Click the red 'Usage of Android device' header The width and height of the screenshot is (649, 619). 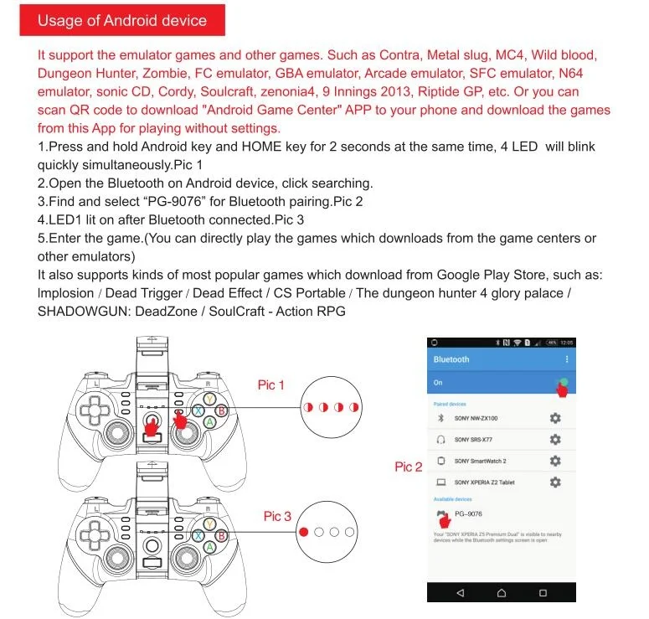tap(121, 21)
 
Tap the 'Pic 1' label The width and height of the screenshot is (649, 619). tap(271, 384)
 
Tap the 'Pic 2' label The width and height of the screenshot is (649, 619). tap(408, 467)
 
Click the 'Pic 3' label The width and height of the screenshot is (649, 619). tap(277, 516)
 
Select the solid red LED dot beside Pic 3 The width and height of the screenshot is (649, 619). tap(303, 531)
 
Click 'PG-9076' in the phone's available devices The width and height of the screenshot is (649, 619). tap(468, 513)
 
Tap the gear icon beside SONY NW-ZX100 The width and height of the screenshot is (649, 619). tap(554, 418)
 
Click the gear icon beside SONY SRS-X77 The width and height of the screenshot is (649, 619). tap(554, 439)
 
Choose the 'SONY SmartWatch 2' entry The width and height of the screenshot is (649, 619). tap(480, 461)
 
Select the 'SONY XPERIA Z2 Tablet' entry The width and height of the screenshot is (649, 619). tap(485, 482)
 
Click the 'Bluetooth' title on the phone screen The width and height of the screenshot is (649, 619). tap(451, 359)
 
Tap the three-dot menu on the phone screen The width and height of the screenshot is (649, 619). tap(567, 359)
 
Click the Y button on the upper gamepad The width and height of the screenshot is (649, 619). tap(209, 400)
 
